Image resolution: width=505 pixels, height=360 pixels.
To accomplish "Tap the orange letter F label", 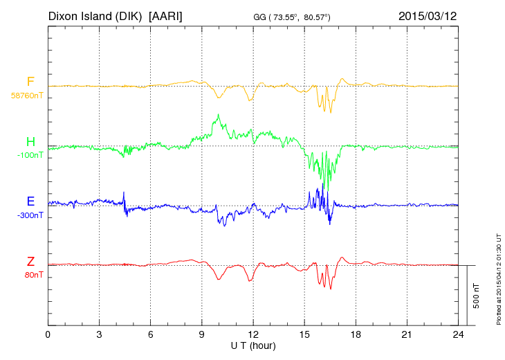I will tap(30, 82).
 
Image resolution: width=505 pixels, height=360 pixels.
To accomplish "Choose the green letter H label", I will tap(30, 142).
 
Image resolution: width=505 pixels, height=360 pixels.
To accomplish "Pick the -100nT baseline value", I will tap(30, 155).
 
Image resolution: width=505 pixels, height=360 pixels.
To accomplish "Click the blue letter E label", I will tap(30, 201).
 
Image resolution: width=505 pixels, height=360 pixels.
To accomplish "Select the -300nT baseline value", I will tap(30, 215).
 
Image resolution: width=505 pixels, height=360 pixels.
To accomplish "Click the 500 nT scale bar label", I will tap(476, 295).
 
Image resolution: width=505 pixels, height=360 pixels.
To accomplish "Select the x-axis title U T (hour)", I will tap(253, 345).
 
